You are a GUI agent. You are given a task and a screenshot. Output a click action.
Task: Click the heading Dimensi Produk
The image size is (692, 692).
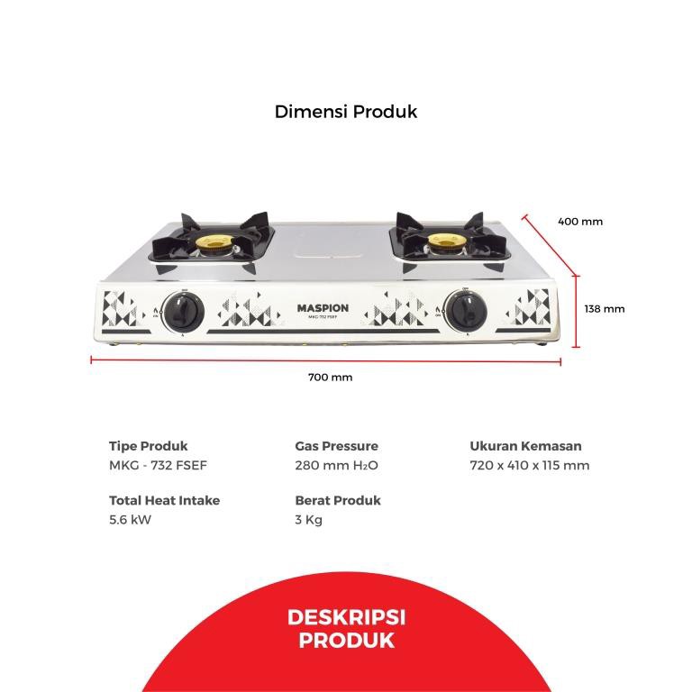(346, 113)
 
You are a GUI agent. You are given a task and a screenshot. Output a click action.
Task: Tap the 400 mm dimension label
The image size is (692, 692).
(580, 222)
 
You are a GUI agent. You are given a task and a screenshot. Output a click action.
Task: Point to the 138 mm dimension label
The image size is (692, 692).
(605, 309)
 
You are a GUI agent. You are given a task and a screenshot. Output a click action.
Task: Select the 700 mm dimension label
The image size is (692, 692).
(331, 378)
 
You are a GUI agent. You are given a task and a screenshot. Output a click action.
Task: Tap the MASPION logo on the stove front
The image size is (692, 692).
(323, 308)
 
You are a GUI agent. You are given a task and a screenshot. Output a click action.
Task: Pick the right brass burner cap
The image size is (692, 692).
(442, 241)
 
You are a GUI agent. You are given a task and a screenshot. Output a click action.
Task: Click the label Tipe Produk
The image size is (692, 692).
(149, 446)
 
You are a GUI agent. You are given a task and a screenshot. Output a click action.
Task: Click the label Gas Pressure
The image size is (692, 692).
(337, 446)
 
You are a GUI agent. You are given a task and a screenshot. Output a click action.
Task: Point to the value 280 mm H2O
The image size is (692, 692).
(336, 466)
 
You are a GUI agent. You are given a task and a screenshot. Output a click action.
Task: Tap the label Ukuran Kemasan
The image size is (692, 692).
(525, 446)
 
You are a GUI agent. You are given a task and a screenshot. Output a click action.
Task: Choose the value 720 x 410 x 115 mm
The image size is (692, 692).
(530, 466)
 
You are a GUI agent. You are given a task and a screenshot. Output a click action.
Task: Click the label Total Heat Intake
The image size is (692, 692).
(164, 500)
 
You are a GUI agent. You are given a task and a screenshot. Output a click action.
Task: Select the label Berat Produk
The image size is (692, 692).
(338, 500)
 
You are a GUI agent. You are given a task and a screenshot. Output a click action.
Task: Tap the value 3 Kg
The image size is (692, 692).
(308, 520)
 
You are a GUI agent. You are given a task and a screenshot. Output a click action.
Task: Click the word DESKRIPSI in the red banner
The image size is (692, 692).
(346, 618)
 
